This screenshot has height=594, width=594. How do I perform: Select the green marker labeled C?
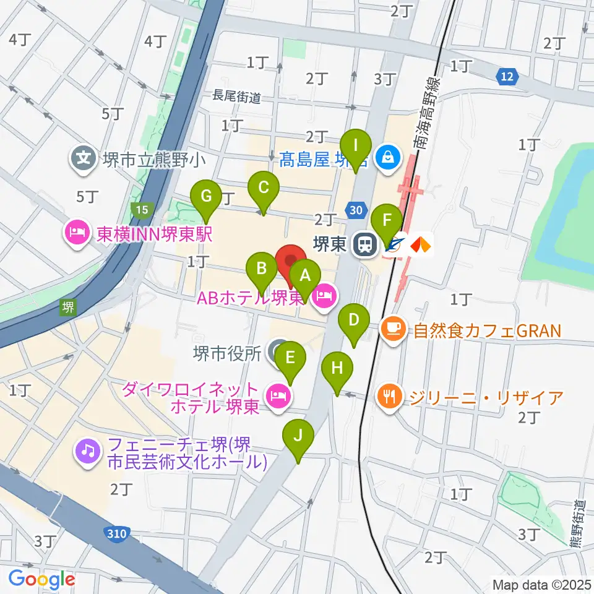click(x=263, y=187)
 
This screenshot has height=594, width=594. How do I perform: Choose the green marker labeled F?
click(x=387, y=221)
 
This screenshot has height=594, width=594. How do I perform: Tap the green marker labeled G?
click(x=207, y=197)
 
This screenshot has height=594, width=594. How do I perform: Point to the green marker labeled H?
click(x=337, y=369)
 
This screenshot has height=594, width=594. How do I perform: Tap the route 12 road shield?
click(x=506, y=77)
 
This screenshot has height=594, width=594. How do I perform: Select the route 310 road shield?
click(x=113, y=532)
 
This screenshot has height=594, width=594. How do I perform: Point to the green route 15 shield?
click(x=142, y=210)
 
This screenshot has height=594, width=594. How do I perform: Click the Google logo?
click(x=41, y=580)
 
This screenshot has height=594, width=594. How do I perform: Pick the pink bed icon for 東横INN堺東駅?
click(x=76, y=233)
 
